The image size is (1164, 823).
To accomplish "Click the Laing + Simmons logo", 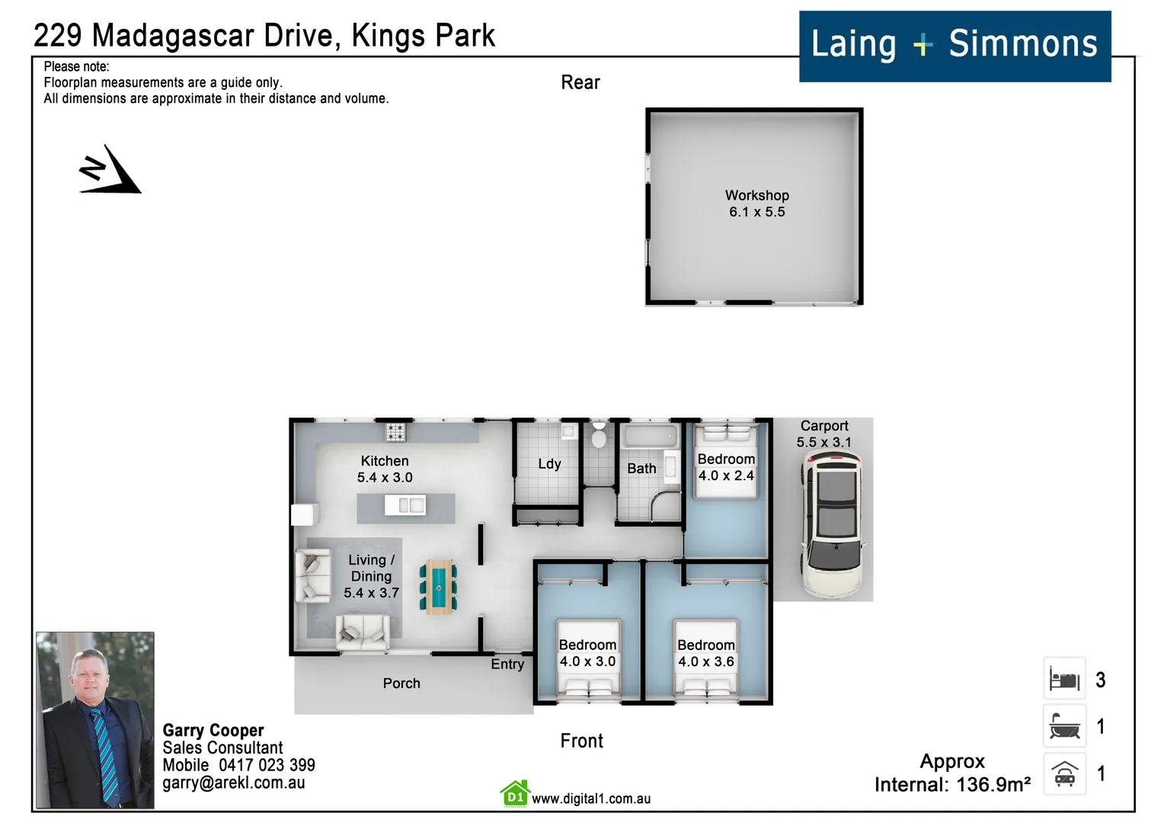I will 954,46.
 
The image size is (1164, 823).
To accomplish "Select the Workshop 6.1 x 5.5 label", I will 756,203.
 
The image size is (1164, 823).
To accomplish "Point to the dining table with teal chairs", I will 438,587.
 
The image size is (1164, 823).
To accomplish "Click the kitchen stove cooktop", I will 395,432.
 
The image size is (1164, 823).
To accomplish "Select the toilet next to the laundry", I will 599,436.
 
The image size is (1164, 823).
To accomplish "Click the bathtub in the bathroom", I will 650,437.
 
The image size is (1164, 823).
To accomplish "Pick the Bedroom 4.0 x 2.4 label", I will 726,467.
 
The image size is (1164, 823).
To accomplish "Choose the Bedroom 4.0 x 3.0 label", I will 587,653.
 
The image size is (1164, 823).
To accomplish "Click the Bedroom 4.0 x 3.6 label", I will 706,653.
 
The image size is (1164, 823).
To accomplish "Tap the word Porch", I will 401,684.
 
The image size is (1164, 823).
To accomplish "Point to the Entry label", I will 507,664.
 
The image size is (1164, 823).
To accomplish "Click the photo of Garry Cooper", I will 95,719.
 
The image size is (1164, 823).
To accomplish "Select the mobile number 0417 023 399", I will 267,765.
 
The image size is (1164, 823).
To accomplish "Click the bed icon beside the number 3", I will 1064,679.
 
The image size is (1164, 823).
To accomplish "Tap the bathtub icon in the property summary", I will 1064,726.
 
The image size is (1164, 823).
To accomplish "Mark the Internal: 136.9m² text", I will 952,785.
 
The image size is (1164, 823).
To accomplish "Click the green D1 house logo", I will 515,794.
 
